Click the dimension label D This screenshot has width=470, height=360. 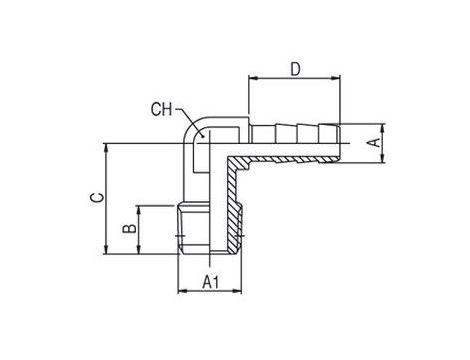[295, 69]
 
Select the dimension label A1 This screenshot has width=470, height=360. [211, 282]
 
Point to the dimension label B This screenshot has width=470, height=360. [130, 228]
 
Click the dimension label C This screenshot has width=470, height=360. [98, 198]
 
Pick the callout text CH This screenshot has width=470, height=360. [162, 109]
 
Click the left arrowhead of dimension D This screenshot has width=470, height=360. [253, 78]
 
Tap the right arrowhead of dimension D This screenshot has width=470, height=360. [336, 78]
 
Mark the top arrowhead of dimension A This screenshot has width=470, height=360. [383, 128]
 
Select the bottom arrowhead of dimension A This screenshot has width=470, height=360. [383, 158]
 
